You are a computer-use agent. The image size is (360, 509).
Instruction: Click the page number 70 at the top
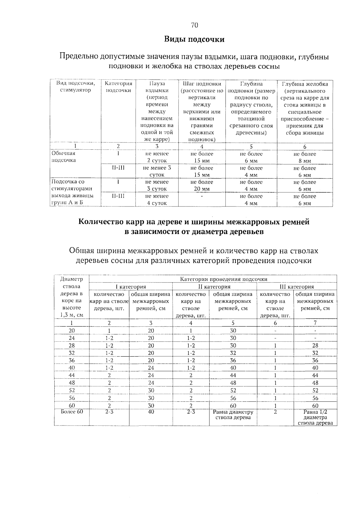point(194,25)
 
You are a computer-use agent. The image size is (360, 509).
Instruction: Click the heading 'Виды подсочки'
point(194,39)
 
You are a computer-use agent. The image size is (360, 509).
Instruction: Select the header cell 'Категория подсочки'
point(118,87)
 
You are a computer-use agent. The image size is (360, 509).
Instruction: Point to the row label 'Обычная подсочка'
point(64,157)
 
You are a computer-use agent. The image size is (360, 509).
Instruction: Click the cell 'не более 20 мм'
point(202,185)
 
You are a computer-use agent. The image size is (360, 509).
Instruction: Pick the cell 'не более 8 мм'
point(305,157)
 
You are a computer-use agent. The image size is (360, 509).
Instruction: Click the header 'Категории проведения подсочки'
point(223,279)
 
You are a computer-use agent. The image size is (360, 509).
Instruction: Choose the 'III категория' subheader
point(297,287)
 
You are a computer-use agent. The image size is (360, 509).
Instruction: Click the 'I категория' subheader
point(131,287)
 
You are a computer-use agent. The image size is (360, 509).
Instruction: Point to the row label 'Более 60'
point(72,412)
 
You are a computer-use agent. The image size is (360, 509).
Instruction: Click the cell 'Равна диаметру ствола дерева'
point(233,415)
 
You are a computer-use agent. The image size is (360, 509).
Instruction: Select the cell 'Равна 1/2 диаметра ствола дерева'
point(315,417)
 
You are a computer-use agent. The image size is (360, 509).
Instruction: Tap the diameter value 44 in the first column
point(72,375)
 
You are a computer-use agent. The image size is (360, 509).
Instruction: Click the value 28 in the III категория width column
point(315,346)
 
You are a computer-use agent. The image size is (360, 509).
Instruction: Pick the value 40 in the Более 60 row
point(151,412)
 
